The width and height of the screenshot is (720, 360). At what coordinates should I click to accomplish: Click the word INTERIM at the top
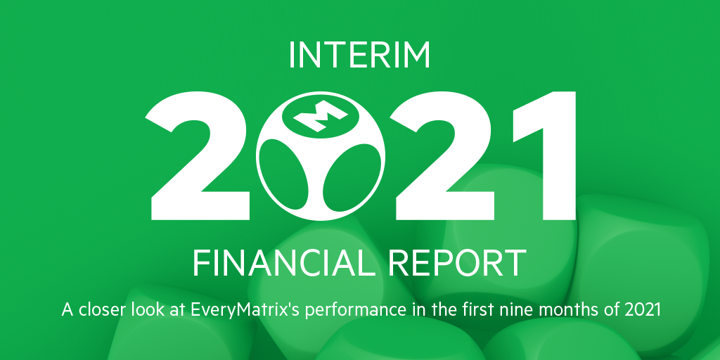359,56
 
